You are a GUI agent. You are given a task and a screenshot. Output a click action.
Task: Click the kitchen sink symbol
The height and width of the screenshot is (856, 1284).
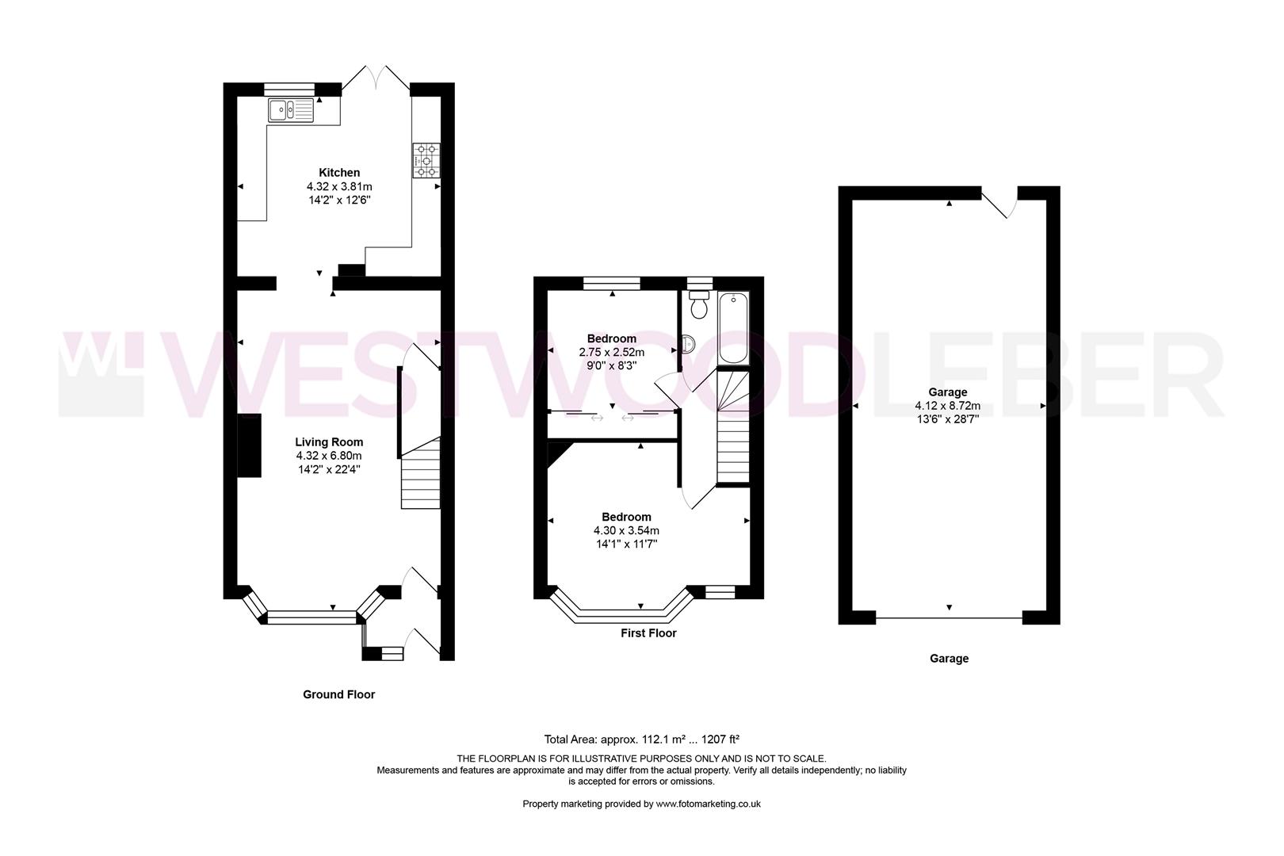coord(291,110)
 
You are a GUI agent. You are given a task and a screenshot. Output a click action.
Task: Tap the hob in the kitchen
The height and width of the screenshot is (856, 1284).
coord(426,160)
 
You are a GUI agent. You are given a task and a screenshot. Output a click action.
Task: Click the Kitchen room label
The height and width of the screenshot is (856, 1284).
coord(339,172)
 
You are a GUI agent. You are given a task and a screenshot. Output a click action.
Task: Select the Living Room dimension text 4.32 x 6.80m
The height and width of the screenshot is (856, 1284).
coord(329,456)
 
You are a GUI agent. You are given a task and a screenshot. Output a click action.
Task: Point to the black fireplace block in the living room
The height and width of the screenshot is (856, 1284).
coord(250,445)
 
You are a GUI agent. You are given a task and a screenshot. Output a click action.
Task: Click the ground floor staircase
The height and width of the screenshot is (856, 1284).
coord(420,476)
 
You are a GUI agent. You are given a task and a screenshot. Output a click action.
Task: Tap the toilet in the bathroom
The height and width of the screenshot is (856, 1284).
coord(698,304)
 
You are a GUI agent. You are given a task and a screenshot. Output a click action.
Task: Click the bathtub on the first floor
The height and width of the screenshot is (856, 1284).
coord(733,329)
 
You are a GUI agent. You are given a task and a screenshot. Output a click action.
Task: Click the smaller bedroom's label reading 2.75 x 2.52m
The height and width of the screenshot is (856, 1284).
coord(611,352)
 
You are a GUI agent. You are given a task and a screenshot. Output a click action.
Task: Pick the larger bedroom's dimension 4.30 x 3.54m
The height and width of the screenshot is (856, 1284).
coord(626,530)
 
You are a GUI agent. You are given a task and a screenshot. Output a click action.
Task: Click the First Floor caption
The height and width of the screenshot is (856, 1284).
coord(648,633)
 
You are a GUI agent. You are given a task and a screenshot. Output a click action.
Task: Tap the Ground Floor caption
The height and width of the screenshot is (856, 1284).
coord(338,694)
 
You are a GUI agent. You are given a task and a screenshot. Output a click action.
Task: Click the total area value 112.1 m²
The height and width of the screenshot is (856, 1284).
coord(674,739)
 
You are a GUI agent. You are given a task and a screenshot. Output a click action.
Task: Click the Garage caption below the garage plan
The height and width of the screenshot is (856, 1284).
coord(949,658)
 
